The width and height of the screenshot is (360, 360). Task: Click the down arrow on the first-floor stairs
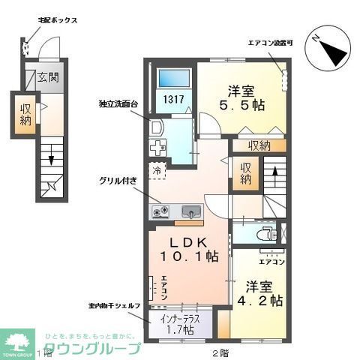50,158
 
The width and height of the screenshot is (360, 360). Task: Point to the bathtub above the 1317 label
175,77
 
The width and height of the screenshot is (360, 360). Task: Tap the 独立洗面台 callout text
117,103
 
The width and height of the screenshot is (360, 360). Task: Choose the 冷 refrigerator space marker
158,169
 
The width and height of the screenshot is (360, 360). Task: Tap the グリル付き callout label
115,180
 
